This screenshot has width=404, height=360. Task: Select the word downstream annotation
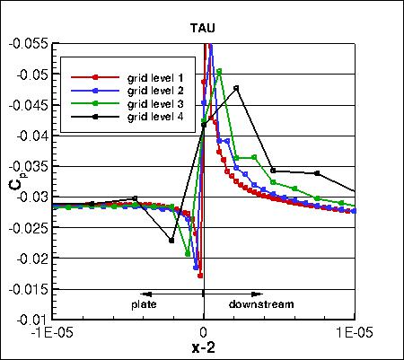(x=260, y=304)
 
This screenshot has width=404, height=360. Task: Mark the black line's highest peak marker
(x=236, y=88)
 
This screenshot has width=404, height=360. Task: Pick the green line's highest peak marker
(x=219, y=70)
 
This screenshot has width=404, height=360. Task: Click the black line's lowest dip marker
(x=171, y=240)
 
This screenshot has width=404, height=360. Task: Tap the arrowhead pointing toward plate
(x=145, y=294)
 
